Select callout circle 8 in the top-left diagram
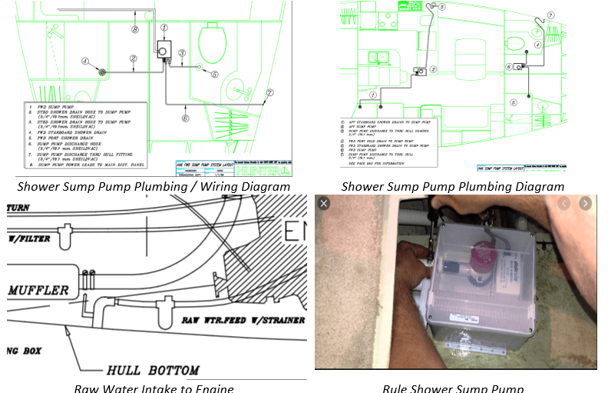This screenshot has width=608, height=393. click(135, 30)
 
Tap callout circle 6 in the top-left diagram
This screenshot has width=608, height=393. click(185, 118)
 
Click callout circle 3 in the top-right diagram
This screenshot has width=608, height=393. click(442, 7)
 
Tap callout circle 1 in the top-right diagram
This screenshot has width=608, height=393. click(373, 95)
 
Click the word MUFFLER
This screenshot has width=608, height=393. click(39, 291)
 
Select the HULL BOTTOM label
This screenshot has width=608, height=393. click(152, 370)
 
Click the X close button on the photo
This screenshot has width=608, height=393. click(324, 203)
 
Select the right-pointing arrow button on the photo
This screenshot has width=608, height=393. click(586, 203)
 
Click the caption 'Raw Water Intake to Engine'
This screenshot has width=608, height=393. click(154, 387)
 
